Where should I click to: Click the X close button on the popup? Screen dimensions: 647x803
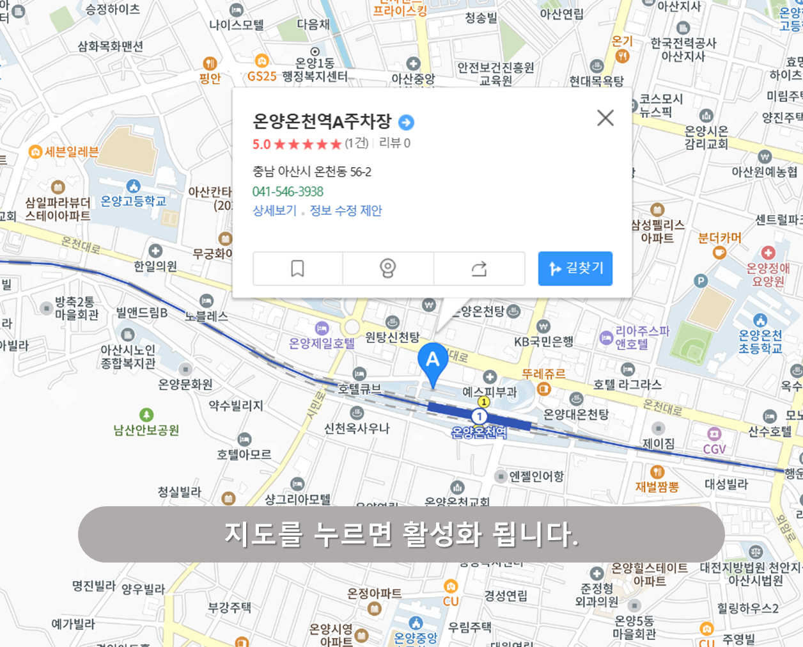pos(605,118)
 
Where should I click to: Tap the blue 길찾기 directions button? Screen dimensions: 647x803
pos(575,268)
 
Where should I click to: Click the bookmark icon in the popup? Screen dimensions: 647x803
pos(297,268)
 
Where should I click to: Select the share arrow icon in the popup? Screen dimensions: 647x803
pos(479,268)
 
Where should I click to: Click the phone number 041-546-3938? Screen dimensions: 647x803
pos(288,191)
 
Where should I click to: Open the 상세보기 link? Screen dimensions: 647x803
pos(274,211)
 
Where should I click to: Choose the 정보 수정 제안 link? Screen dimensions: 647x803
pos(346,211)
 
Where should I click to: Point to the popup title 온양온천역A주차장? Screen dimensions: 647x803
pos(322,121)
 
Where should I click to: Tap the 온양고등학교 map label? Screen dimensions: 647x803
pos(133,201)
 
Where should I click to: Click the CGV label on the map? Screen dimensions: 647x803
pos(714,449)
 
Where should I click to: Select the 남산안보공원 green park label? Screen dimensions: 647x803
pos(146,430)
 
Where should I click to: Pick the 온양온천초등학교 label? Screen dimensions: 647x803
pos(760,341)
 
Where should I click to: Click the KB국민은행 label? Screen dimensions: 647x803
pos(543,342)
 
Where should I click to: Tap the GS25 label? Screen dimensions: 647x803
pos(261,76)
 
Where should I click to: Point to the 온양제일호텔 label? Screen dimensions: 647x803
pos(322,344)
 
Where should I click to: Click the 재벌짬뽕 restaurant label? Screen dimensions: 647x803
pos(657,486)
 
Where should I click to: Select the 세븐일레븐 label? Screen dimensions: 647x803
pos(71,152)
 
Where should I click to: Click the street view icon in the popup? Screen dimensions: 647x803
pos(388,268)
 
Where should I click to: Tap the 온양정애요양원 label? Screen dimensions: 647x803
pos(768,275)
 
